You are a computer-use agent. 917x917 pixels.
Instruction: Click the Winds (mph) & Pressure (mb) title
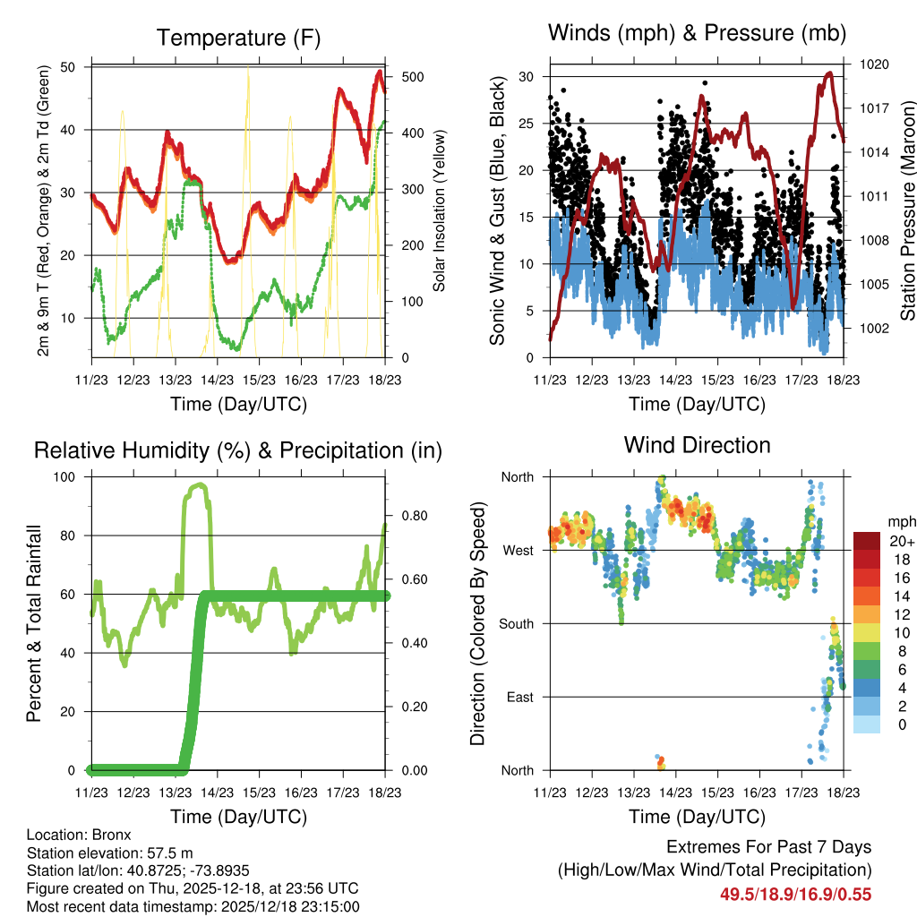[x=697, y=33]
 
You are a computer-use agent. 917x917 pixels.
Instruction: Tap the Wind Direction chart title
[x=697, y=444]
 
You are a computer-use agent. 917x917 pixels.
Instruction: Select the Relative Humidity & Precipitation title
[x=237, y=450]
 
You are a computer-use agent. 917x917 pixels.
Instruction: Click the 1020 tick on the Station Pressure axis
[x=873, y=64]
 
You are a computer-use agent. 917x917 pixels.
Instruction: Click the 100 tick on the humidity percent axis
[x=69, y=476]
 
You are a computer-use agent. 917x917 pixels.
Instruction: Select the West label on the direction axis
[x=517, y=550]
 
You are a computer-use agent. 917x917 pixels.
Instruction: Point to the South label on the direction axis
[x=515, y=623]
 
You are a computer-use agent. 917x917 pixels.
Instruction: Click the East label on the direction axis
[x=518, y=697]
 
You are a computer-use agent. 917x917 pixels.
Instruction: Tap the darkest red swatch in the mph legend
[x=866, y=541]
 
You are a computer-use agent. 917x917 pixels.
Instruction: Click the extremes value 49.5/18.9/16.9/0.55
[x=795, y=895]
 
